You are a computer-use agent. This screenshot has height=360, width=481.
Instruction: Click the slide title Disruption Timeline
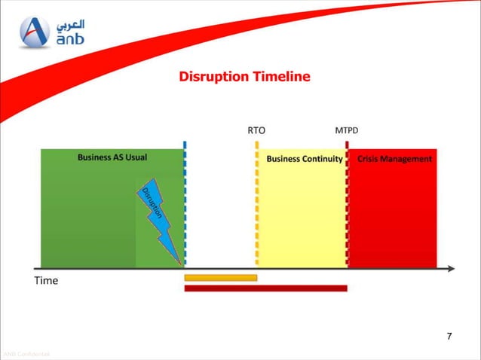coord(244,77)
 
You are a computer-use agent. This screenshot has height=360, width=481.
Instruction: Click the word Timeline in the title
coord(280,77)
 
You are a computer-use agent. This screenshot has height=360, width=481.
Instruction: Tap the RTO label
coord(256,130)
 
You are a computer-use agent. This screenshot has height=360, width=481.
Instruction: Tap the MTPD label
coord(346,130)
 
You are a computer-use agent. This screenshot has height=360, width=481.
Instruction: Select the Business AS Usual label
coord(112,158)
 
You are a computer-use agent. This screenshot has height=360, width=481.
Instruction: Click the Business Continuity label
coord(305,159)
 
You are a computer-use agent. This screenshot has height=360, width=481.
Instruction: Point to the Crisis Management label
coord(394,159)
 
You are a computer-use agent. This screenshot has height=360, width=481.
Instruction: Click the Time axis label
coord(46,281)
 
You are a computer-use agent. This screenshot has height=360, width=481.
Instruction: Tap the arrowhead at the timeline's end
coord(450,268)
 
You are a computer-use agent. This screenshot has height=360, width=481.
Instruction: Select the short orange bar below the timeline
coord(221,278)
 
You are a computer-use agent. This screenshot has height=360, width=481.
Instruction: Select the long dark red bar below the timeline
coord(265,288)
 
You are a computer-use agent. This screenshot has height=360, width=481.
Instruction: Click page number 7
coord(449,335)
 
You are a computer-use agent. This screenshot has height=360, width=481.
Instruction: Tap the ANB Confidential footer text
coord(26,354)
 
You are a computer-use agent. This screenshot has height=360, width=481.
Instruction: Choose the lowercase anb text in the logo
coord(69,40)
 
